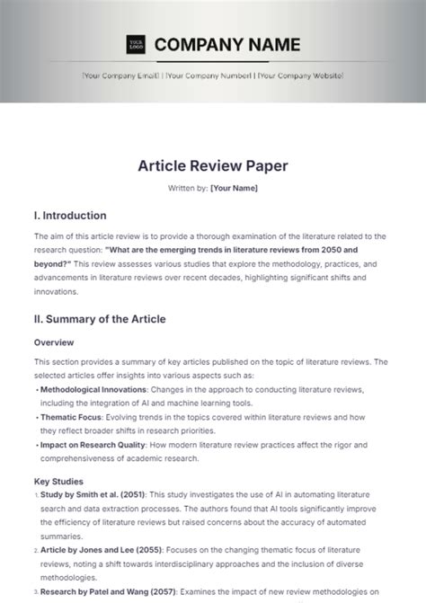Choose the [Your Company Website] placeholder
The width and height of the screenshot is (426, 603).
[299, 76]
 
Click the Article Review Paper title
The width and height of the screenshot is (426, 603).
[212, 166]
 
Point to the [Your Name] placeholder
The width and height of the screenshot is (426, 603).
[234, 188]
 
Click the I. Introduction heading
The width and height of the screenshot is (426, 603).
[70, 216]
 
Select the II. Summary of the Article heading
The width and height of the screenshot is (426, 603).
[100, 319]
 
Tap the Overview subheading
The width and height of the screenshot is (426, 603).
[54, 342]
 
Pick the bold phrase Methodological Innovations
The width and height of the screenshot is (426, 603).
[93, 390]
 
